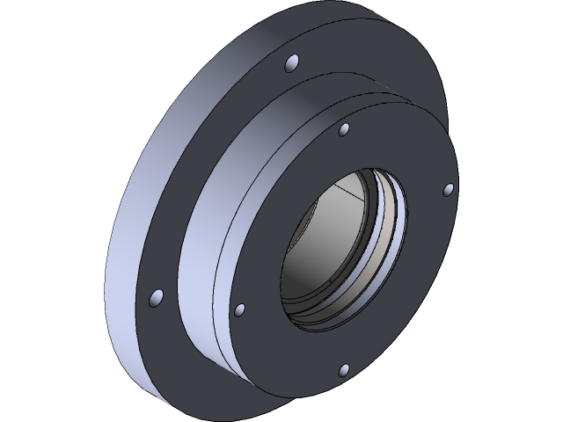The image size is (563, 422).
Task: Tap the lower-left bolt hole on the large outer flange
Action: point(157,299)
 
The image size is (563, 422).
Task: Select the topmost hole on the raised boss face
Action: point(346,132)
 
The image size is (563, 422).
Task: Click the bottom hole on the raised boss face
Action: point(344,369)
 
